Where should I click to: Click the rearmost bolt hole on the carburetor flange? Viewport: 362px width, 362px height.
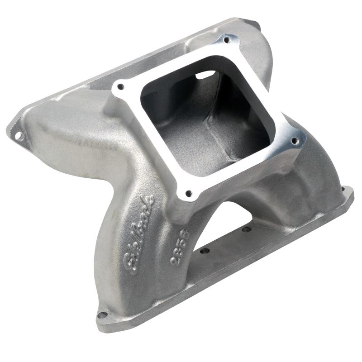click(227, 40)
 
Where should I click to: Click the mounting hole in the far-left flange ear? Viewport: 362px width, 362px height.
click(18, 135)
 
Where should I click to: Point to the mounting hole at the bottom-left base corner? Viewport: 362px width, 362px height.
click(104, 315)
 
